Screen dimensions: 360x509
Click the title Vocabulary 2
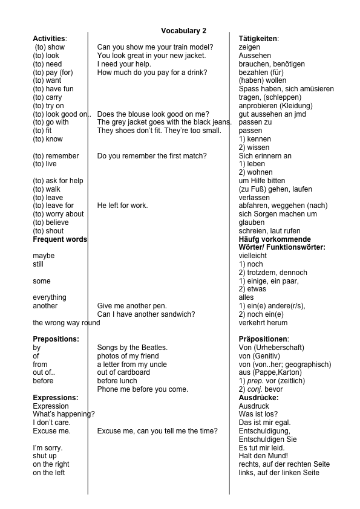point(183,30)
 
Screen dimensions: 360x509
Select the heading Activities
point(50,39)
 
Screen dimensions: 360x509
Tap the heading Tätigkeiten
point(258,39)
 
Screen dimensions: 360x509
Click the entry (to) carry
point(47,97)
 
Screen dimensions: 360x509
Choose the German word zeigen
point(250,47)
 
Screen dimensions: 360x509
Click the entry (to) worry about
point(58,214)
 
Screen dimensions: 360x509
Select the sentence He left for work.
point(122,206)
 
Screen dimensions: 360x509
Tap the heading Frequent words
point(60,239)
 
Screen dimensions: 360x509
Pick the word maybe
point(44,256)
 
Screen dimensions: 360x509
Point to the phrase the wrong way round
point(67,323)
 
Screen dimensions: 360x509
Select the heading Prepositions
point(56,339)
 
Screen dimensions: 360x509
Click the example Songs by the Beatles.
point(132,348)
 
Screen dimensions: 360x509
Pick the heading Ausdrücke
point(258,398)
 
